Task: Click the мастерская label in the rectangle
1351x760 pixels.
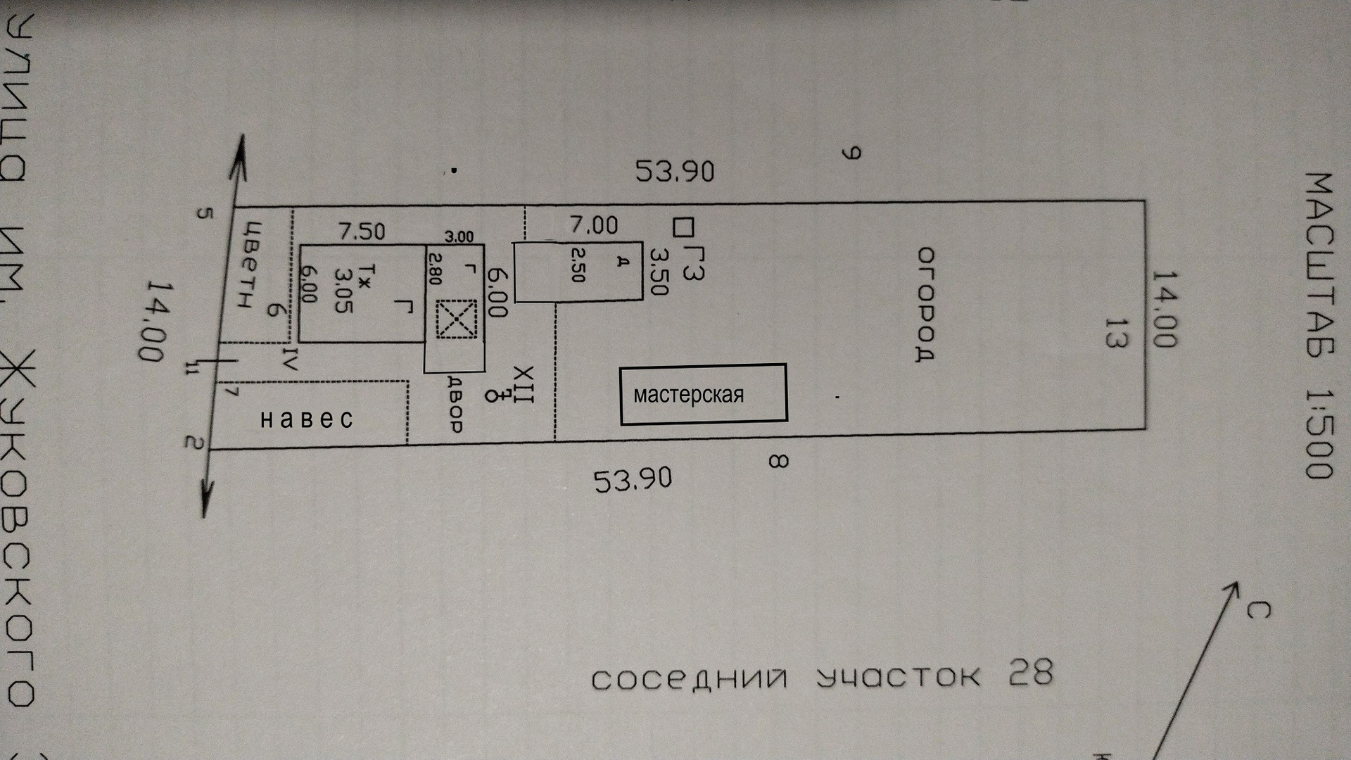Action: [688, 395]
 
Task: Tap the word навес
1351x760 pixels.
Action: [307, 419]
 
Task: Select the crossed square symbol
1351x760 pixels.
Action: [456, 319]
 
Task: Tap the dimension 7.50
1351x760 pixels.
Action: [361, 231]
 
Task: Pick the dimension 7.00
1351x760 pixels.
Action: [594, 225]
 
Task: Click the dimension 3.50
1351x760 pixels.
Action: [658, 271]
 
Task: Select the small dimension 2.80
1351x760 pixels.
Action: [433, 268]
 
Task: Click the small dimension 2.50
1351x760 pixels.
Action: [578, 265]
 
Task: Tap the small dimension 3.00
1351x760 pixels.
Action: [459, 237]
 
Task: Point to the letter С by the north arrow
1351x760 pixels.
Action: [1257, 609]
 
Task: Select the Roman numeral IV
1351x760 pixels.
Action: [291, 357]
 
